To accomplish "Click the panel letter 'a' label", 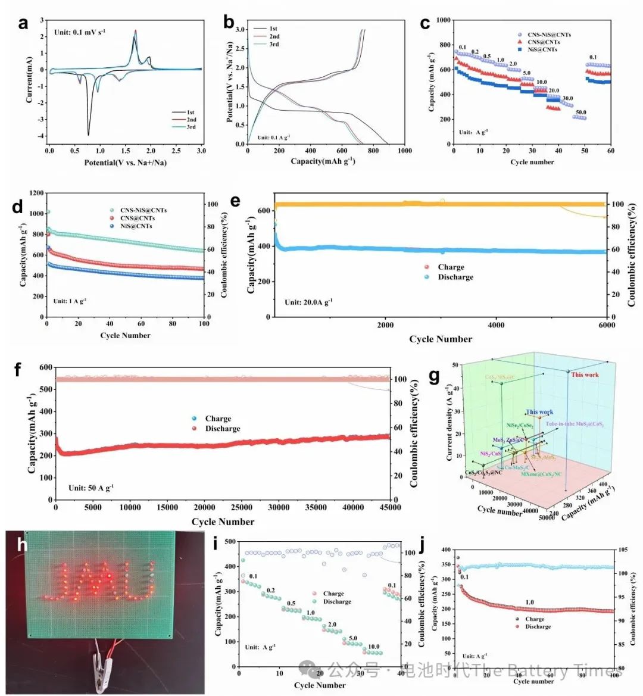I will point(23,24).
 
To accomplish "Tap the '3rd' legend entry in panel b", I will point(273,44).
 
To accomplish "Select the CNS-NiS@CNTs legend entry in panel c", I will point(549,35).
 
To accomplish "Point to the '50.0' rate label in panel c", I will point(580,112).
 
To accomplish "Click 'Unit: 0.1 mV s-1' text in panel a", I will point(80,32).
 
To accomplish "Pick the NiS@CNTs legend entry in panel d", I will point(136,226).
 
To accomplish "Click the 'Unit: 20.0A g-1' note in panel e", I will point(308,302).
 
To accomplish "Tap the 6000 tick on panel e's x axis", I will point(607,325).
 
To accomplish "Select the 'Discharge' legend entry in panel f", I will point(223,429).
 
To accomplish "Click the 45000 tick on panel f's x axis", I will point(390,507).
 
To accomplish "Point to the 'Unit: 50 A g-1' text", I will point(91,488).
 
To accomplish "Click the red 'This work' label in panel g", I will point(585,374).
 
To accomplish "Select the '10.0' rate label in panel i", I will point(373,647).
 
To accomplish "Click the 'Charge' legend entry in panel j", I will point(535,619).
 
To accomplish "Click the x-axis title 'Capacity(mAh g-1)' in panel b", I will point(323,161).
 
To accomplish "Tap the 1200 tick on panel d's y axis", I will point(35,193).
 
